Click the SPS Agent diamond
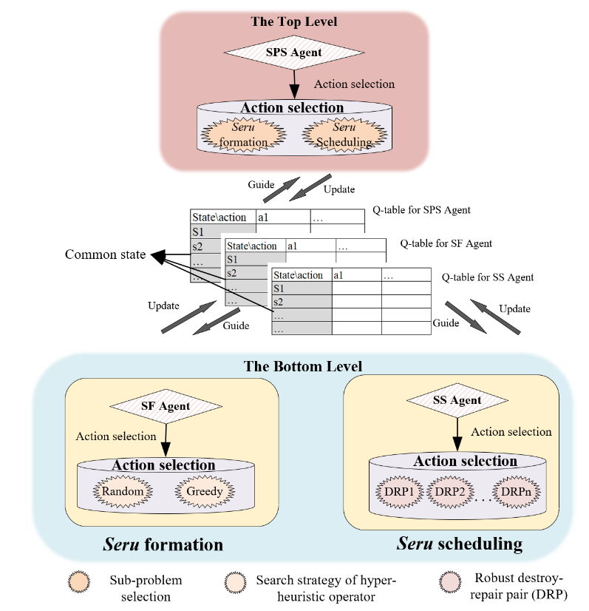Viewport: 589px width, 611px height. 294,53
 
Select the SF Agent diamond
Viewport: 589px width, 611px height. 166,405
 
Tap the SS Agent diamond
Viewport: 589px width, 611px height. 456,400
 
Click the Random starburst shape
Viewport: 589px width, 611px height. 122,492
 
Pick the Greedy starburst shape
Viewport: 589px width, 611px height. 199,492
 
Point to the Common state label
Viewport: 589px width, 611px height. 105,255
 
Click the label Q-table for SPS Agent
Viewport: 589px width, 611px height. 422,210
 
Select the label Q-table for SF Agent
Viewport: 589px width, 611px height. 446,243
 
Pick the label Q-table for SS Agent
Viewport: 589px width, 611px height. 488,277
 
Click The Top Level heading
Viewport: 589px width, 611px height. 294,21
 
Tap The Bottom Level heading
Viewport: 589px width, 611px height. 303,366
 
